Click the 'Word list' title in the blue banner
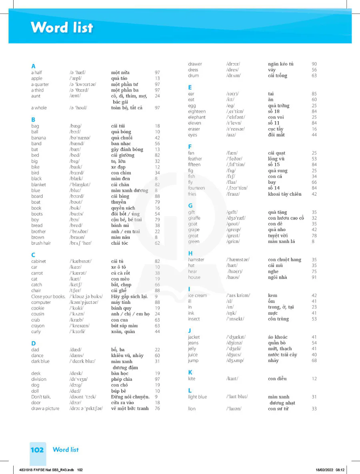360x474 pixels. pyautogui.click(x=62, y=27)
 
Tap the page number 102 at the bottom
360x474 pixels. pyautogui.click(x=37, y=450)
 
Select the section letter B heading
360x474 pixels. pyautogui.click(x=33, y=119)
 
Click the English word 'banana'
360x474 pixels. pyautogui.click(x=38, y=138)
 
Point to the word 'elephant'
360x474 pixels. pyautogui.click(x=197, y=117)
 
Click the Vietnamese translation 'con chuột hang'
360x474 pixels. pyautogui.click(x=284, y=260)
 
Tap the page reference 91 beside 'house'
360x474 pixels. pyautogui.click(x=314, y=277)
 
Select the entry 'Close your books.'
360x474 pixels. pyautogui.click(x=48, y=297)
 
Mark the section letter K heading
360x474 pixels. pyautogui.click(x=190, y=372)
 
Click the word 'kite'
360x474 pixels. pyautogui.click(x=192, y=379)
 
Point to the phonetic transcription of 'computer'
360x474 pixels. pyautogui.click(x=85, y=303)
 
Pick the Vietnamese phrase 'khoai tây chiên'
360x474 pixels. pyautogui.click(x=284, y=194)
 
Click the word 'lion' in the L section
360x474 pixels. pyautogui.click(x=192, y=409)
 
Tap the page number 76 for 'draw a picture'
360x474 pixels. pyautogui.click(x=157, y=409)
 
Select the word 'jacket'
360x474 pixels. pyautogui.click(x=195, y=337)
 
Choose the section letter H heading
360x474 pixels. pyautogui.click(x=190, y=253)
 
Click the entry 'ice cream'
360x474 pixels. pyautogui.click(x=198, y=295)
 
